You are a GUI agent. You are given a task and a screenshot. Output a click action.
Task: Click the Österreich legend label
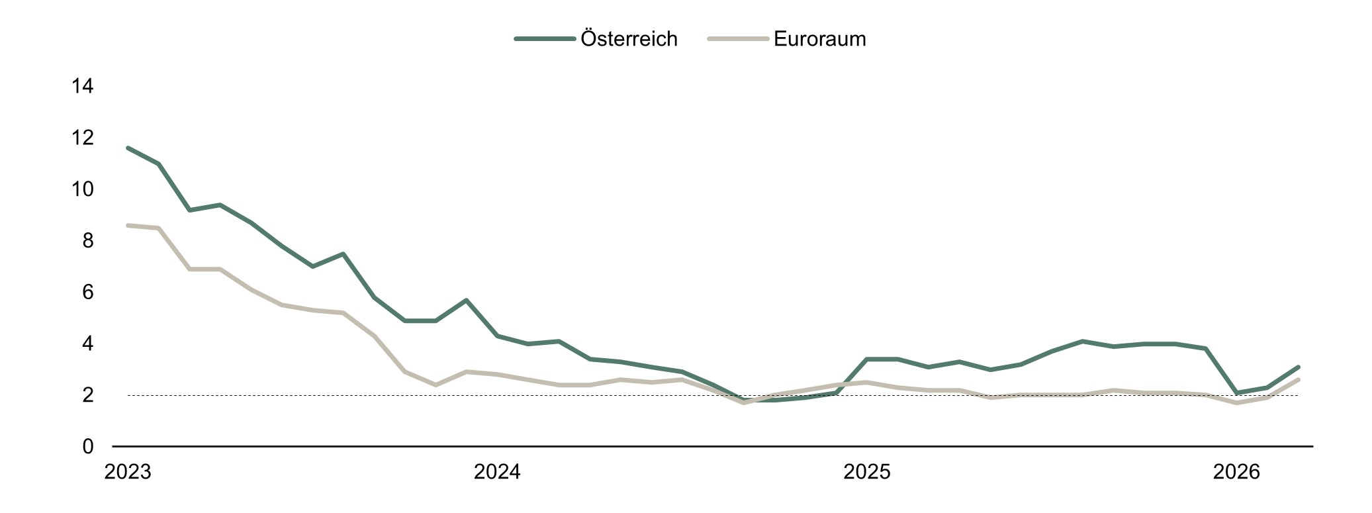point(629,39)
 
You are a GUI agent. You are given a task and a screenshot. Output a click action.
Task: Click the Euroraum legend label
point(819,39)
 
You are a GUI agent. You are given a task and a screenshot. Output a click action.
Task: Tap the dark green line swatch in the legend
point(544,39)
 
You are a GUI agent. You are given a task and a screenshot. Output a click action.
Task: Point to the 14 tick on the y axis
point(83,86)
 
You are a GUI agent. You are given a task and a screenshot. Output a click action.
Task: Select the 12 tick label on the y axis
point(83,138)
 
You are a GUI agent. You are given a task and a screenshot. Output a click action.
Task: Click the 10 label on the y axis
point(83,189)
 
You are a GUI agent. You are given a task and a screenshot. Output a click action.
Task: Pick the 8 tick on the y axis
point(88,241)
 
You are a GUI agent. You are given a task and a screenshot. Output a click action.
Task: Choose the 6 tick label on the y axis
point(88,292)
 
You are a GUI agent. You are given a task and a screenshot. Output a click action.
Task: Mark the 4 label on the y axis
point(88,344)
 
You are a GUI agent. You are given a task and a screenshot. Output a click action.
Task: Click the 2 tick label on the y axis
point(88,395)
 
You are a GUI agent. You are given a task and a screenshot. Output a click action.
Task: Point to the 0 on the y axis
point(88,447)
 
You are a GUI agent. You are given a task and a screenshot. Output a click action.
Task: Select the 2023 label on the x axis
point(128,473)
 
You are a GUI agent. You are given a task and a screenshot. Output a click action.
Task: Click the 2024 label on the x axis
point(497,473)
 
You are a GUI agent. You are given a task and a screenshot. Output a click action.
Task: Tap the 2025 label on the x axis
point(867,473)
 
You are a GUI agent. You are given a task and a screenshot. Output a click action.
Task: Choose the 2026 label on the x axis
point(1236,473)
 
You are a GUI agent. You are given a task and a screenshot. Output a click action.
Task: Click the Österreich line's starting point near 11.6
point(128,148)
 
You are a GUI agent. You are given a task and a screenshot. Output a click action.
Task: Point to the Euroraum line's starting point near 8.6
point(128,225)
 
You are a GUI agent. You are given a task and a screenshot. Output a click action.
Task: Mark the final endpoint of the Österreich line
point(1299,367)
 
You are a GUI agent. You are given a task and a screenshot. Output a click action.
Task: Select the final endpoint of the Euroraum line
point(1299,379)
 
